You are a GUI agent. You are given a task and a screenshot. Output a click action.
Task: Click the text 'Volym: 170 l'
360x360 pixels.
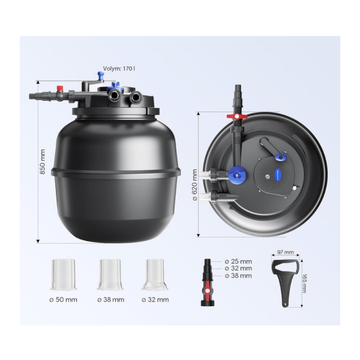(x=119, y=68)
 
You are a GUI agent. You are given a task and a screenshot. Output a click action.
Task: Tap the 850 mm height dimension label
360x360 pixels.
(x=43, y=161)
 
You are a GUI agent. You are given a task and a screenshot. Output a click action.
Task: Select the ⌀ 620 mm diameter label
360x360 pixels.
(x=194, y=185)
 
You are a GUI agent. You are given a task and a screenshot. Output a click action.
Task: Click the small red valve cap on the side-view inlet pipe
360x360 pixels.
(x=60, y=88)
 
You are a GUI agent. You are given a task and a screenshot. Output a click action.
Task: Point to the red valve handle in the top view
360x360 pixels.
(x=237, y=116)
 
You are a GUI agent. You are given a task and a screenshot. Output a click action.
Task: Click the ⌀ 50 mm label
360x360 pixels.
(x=63, y=299)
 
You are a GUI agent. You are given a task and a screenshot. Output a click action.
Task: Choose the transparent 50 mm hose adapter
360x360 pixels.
(x=64, y=274)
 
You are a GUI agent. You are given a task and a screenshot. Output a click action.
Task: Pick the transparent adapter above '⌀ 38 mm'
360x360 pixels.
(x=110, y=274)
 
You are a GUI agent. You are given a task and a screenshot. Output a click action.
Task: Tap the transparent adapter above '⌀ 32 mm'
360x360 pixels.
(x=155, y=274)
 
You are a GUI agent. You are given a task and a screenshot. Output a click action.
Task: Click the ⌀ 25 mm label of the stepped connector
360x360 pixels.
(x=238, y=262)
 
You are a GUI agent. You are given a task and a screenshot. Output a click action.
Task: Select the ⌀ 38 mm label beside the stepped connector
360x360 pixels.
(x=238, y=275)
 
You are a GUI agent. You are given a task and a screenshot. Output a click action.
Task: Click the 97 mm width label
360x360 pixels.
(x=286, y=252)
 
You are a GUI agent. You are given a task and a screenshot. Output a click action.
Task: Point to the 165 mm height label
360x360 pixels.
(x=304, y=283)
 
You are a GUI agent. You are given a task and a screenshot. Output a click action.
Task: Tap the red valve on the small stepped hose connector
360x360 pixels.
(x=208, y=290)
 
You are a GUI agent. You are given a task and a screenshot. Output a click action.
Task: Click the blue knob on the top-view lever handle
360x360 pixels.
(x=281, y=157)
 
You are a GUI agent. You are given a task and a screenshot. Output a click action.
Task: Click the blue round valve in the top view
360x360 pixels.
(x=237, y=175)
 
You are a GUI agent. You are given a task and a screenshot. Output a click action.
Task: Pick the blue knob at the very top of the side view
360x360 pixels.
(x=100, y=74)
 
